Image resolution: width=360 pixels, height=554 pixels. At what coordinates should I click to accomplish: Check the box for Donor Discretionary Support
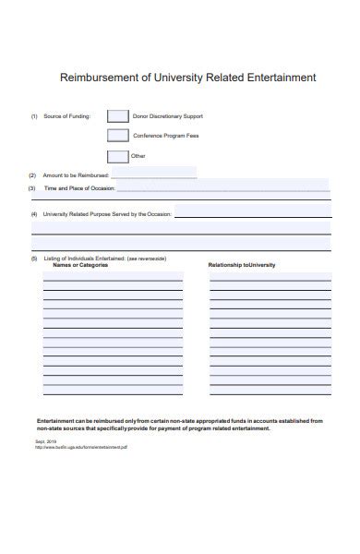pyautogui.click(x=117, y=116)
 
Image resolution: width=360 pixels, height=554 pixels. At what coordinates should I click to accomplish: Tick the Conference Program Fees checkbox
pyautogui.click(x=117, y=137)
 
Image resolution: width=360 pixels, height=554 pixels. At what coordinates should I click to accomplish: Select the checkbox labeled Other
pyautogui.click(x=117, y=156)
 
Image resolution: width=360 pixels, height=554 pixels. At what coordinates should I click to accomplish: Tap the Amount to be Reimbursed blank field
pyautogui.click(x=154, y=175)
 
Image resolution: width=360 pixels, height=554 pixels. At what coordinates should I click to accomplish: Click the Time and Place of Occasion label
pyautogui.click(x=80, y=188)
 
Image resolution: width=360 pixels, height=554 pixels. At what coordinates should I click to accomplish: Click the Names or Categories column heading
pyautogui.click(x=79, y=265)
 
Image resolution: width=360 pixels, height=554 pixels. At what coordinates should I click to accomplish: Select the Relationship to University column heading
pyautogui.click(x=242, y=265)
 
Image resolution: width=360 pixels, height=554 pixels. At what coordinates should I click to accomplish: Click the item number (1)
pyautogui.click(x=34, y=116)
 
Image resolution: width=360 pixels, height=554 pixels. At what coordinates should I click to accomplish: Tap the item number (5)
pyautogui.click(x=34, y=259)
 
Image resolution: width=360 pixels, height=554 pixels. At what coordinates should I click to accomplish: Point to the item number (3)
pyautogui.click(x=32, y=188)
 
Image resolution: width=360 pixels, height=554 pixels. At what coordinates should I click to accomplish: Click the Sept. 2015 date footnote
pyautogui.click(x=46, y=441)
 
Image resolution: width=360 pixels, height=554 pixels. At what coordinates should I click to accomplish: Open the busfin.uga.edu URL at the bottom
pyautogui.click(x=82, y=447)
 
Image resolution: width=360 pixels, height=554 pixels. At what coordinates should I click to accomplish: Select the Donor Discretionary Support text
pyautogui.click(x=168, y=116)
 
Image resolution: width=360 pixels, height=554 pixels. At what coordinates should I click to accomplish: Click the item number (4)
pyautogui.click(x=34, y=214)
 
